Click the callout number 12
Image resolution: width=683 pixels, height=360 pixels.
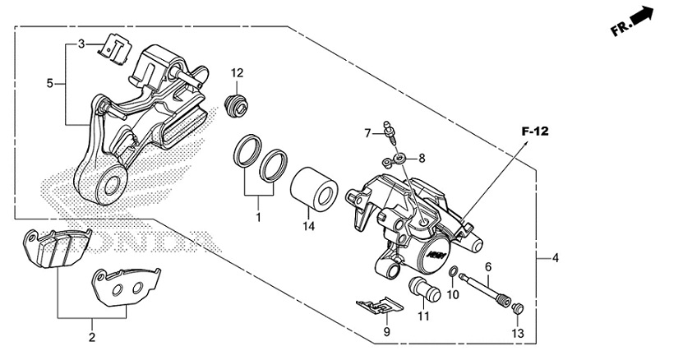point(238,73)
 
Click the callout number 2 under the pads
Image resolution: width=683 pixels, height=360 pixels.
point(92,337)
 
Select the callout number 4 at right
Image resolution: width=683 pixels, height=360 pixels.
point(556,258)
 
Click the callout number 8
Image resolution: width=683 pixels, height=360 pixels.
point(422,158)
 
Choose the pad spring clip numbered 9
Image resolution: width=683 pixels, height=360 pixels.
point(379,307)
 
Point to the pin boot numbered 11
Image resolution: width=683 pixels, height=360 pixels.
point(423,289)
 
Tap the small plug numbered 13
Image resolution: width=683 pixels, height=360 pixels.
point(517,308)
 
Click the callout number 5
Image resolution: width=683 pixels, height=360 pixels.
point(50,83)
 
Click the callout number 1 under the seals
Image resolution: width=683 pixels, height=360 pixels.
point(257,218)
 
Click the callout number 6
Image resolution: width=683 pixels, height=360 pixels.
point(488,266)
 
